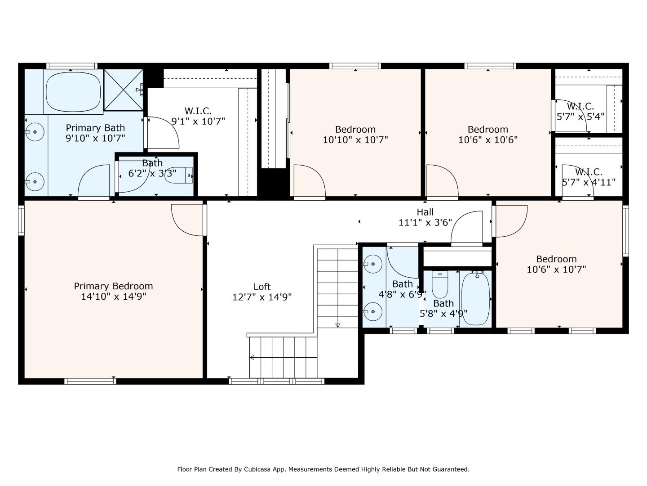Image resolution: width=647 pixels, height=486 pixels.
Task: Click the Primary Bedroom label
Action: click(x=114, y=286)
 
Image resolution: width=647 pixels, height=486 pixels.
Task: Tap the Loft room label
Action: click(x=262, y=287)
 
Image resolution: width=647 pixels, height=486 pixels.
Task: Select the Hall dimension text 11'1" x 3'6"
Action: click(x=425, y=222)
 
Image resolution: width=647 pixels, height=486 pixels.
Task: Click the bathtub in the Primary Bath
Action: click(x=73, y=92)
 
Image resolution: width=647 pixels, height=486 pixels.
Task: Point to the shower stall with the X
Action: click(x=124, y=90)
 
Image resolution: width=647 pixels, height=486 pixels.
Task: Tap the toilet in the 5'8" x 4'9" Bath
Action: click(x=440, y=285)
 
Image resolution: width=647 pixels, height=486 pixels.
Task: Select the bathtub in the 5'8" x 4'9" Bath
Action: click(x=475, y=299)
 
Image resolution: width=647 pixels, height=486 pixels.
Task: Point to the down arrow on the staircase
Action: click(x=338, y=325)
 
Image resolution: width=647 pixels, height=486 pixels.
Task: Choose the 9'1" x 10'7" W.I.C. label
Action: click(x=198, y=116)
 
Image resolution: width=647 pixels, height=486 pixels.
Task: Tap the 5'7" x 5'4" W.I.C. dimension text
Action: click(x=580, y=117)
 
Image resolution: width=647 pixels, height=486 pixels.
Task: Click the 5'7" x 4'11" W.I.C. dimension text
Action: click(x=588, y=182)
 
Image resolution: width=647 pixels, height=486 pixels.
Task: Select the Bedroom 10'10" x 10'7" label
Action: click(x=355, y=134)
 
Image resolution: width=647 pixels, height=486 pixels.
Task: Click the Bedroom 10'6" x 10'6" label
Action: click(x=488, y=134)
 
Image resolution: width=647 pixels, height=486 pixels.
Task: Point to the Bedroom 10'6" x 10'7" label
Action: click(x=556, y=264)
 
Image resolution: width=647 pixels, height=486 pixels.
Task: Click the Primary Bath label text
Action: click(x=95, y=128)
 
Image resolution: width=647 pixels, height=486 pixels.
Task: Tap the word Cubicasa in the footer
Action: click(x=256, y=469)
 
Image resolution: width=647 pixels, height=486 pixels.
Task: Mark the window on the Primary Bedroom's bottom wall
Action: click(x=90, y=381)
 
